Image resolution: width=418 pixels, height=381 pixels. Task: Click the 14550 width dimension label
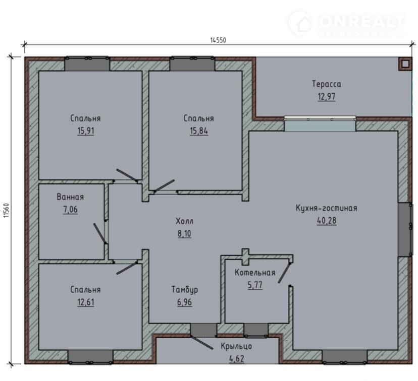(x=218, y=40)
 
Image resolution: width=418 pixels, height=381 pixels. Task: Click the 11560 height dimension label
(x=7, y=210)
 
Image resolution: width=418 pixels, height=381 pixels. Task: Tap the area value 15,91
(x=86, y=131)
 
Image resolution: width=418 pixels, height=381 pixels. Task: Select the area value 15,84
(x=199, y=131)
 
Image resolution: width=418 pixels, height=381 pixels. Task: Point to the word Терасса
(x=327, y=84)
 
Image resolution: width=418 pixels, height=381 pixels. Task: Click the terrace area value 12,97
(x=327, y=97)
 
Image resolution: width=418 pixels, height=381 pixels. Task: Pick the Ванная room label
(x=70, y=197)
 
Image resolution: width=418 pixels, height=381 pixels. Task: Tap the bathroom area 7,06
(x=70, y=210)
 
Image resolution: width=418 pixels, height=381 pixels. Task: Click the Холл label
(x=184, y=221)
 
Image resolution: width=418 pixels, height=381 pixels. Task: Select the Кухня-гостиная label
(x=327, y=208)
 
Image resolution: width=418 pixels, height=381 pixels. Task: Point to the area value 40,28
(x=327, y=221)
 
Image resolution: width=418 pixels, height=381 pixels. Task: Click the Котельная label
(x=255, y=273)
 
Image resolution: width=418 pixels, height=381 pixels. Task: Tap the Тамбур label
(x=184, y=289)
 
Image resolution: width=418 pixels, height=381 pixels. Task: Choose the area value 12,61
(x=86, y=302)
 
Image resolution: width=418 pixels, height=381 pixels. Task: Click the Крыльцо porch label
(x=236, y=346)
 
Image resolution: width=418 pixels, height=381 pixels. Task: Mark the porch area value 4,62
(x=236, y=359)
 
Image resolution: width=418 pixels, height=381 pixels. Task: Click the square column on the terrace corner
(x=405, y=64)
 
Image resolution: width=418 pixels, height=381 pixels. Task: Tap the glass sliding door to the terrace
(x=320, y=123)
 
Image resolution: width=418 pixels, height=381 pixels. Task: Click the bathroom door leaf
(x=100, y=233)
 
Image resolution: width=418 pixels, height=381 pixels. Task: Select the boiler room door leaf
(x=285, y=273)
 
